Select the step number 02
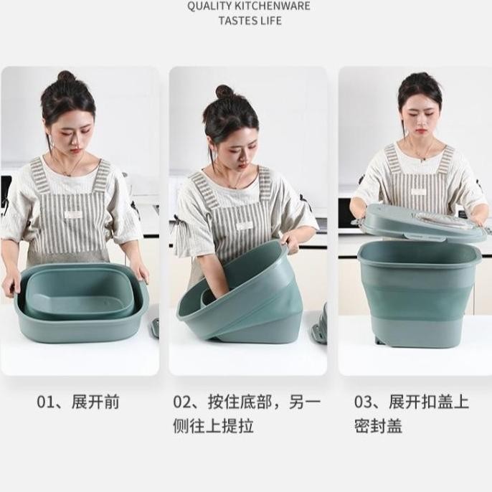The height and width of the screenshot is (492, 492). click(x=181, y=402)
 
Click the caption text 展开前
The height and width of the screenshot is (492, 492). click(x=95, y=402)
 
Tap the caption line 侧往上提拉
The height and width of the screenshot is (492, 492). click(x=214, y=426)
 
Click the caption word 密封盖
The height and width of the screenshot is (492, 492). click(x=379, y=426)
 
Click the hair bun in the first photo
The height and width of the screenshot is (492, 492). click(x=66, y=77)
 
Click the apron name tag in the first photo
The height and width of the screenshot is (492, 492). click(x=73, y=215)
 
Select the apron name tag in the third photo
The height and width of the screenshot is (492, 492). click(x=419, y=191)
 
